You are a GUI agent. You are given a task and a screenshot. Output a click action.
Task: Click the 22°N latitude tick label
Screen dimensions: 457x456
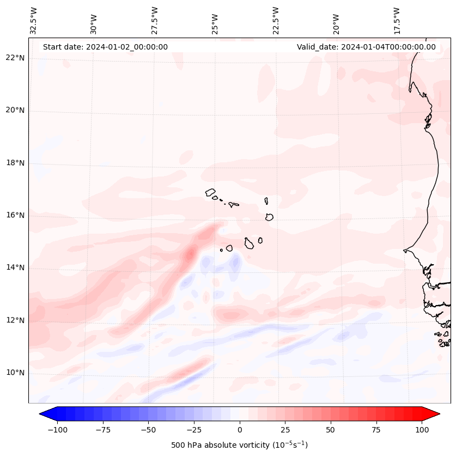(15, 58)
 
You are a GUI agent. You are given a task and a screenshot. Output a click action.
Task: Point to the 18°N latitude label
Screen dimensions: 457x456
(15, 163)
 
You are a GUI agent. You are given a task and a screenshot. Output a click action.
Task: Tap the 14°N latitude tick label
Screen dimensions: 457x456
(15, 268)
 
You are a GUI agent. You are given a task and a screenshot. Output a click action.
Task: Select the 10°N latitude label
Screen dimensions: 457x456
(15, 373)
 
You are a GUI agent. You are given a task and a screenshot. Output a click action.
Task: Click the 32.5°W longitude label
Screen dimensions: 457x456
(34, 20)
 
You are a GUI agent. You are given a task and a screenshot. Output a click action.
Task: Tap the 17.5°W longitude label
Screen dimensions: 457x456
(397, 20)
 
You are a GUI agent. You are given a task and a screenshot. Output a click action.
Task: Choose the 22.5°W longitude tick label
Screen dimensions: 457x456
(276, 20)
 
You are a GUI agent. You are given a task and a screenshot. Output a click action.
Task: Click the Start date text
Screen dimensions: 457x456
(105, 47)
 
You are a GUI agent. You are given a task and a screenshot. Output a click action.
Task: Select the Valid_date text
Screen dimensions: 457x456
(366, 47)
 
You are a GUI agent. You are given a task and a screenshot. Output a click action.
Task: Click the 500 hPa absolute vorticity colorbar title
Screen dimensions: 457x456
(239, 445)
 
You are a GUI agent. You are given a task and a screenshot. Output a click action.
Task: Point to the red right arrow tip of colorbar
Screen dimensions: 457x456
(439, 414)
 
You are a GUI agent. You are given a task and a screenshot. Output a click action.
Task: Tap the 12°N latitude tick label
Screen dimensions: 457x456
(15, 320)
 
